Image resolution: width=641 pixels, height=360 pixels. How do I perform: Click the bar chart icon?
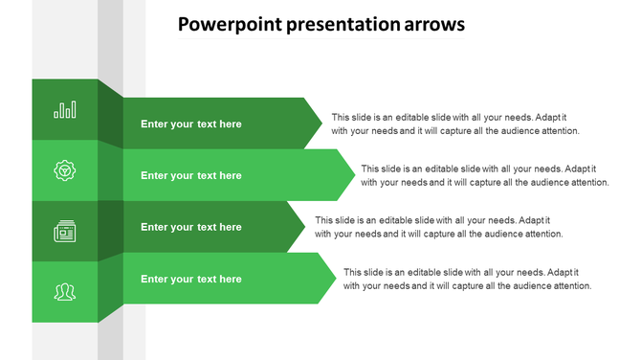[65, 110]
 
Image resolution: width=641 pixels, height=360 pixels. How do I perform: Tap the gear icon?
[65, 171]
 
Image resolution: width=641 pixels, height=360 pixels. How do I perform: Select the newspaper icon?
[65, 231]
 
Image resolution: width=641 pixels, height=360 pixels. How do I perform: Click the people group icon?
[65, 292]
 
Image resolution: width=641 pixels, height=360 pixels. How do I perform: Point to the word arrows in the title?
[431, 25]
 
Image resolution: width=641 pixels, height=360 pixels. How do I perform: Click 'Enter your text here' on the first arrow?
[191, 124]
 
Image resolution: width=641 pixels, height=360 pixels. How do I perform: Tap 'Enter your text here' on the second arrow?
[191, 175]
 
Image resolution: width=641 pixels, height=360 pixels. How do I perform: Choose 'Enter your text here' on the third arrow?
[191, 227]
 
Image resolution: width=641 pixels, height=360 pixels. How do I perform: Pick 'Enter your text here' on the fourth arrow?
[191, 279]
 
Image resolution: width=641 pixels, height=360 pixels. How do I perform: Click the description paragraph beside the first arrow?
[455, 124]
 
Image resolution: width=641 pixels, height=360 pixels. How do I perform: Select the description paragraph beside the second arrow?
[485, 175]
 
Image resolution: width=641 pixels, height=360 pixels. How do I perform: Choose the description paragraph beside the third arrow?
[438, 227]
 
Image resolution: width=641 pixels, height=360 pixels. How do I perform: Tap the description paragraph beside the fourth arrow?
[468, 279]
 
